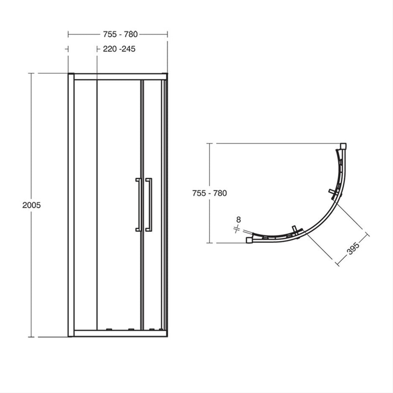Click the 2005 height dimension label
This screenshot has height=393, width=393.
coord(31,205)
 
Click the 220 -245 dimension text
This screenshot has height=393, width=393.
coord(119,49)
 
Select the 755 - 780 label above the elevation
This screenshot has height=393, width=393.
coord(120,34)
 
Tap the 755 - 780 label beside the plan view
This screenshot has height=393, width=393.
coord(209,193)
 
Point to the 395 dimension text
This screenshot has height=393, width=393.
coord(353,248)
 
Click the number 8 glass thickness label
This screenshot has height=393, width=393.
coord(239,220)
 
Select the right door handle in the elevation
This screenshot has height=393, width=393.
coord(149,205)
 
